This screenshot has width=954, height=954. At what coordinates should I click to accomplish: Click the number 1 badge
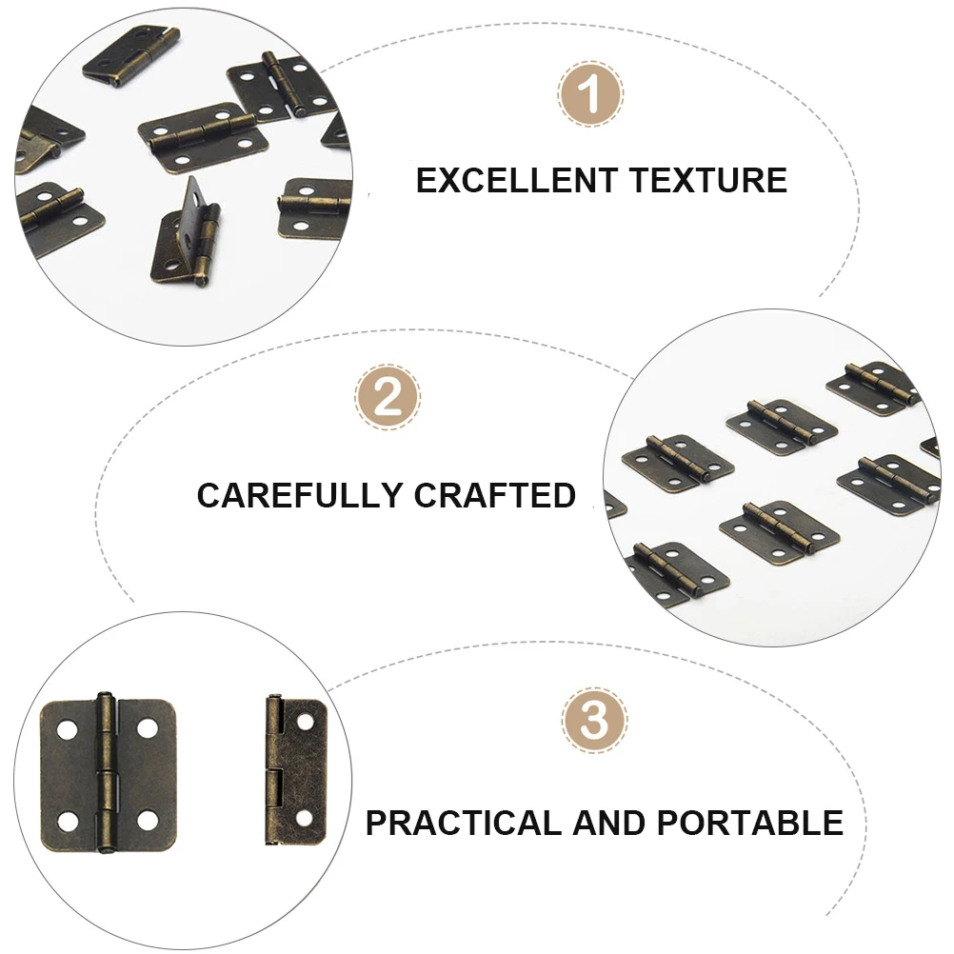click(590, 95)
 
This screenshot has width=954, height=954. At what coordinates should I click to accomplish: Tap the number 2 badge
click(388, 397)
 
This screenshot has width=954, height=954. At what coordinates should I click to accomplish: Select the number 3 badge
click(594, 721)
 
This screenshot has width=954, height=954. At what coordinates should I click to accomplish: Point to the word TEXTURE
click(705, 180)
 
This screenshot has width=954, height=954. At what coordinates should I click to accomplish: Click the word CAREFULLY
click(299, 495)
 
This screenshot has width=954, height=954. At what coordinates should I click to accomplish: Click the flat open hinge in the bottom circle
click(107, 772)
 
